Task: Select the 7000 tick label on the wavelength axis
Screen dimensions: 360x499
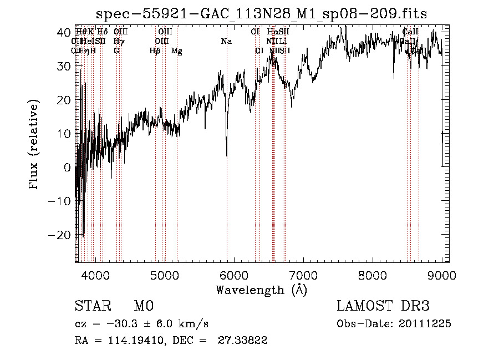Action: point(303,275)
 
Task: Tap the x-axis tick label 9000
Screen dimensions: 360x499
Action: point(442,275)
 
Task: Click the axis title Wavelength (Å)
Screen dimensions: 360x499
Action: point(261,290)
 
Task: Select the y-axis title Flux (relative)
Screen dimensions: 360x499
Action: point(35,145)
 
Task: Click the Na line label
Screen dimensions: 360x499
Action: point(226,41)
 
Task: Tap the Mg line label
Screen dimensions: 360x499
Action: point(177,51)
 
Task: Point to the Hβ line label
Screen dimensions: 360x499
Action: point(155,51)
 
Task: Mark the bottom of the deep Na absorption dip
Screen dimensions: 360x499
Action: point(226,156)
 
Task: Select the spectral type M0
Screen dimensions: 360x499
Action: point(143,307)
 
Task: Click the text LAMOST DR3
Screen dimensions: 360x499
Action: point(383,307)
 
